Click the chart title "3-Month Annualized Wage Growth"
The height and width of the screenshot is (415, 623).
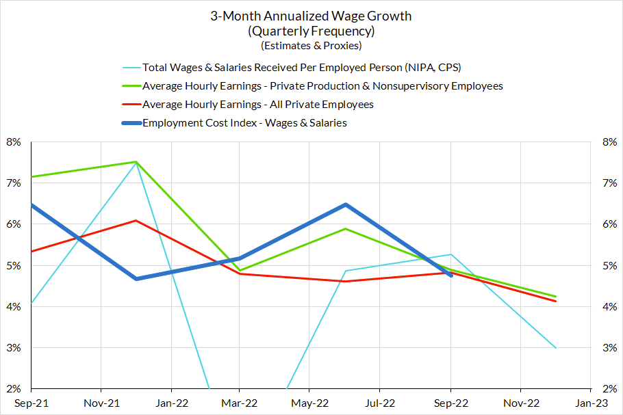tap(311, 16)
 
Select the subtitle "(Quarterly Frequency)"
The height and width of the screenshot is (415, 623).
tap(311, 31)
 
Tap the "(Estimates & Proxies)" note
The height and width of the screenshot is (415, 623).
tap(311, 46)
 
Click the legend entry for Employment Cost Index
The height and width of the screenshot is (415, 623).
tap(244, 123)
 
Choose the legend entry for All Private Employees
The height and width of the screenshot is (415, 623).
tap(258, 105)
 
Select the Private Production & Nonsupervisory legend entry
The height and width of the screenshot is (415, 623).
tap(322, 86)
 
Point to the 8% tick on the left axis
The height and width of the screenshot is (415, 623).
tap(14, 142)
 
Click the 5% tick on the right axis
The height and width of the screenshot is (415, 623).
tap(609, 265)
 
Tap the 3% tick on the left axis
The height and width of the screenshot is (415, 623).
tap(14, 348)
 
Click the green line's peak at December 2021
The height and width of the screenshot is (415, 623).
tap(136, 162)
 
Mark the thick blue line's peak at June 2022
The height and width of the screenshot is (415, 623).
tap(346, 204)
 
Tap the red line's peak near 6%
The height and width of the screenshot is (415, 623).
tap(136, 221)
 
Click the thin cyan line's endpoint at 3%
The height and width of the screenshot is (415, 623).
tap(555, 348)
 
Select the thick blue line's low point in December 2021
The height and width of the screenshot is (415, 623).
tap(136, 279)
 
